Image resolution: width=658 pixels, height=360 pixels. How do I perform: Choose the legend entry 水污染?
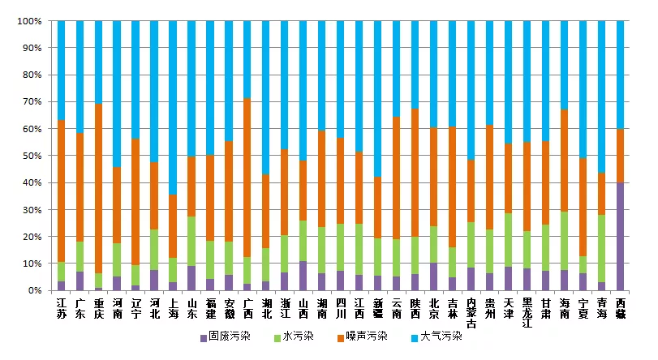coord(299,336)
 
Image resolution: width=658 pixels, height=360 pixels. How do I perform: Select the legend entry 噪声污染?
coord(368,336)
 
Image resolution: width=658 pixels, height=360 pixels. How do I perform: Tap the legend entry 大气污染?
coord(441,336)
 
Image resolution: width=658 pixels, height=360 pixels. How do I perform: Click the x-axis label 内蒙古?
coord(471,312)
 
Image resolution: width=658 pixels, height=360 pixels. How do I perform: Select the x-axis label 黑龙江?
coord(527,312)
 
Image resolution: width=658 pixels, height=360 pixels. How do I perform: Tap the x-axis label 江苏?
coord(62,307)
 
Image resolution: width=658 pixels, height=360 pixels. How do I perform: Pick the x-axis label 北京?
coord(434,307)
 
